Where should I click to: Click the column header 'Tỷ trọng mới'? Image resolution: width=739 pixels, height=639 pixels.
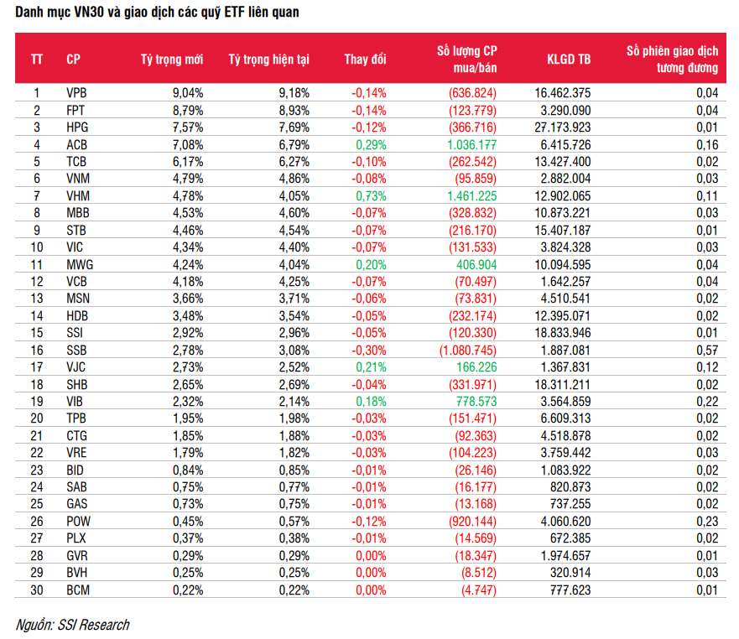click(172, 60)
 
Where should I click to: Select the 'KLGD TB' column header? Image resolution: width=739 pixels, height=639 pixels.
click(569, 60)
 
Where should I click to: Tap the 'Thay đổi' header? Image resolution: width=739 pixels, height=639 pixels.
click(365, 60)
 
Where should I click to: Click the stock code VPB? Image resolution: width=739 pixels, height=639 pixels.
click(76, 93)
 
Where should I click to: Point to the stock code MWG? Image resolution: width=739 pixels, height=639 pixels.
click(80, 265)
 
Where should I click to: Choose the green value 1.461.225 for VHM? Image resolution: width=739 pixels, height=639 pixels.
click(471, 196)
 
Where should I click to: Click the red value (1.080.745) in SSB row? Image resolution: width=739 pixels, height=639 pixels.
click(467, 351)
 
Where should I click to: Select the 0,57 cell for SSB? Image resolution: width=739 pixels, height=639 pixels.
click(707, 351)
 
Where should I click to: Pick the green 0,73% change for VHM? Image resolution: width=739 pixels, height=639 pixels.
click(371, 196)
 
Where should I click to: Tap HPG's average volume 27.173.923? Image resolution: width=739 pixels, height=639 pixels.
click(562, 127)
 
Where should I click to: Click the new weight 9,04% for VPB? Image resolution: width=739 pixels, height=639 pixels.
click(188, 93)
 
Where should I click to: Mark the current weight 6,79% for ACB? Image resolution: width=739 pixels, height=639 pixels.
click(294, 145)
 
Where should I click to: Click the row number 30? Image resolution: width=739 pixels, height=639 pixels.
click(37, 590)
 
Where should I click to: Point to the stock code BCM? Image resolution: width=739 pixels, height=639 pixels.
click(78, 590)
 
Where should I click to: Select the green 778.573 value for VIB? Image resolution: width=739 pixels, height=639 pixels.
click(476, 402)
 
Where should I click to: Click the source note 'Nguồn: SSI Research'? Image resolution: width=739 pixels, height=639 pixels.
click(72, 625)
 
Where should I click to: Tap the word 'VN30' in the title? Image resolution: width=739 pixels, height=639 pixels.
click(89, 12)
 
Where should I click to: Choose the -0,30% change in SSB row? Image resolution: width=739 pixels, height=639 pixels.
click(368, 351)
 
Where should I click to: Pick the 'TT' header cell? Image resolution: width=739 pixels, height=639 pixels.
click(37, 60)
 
